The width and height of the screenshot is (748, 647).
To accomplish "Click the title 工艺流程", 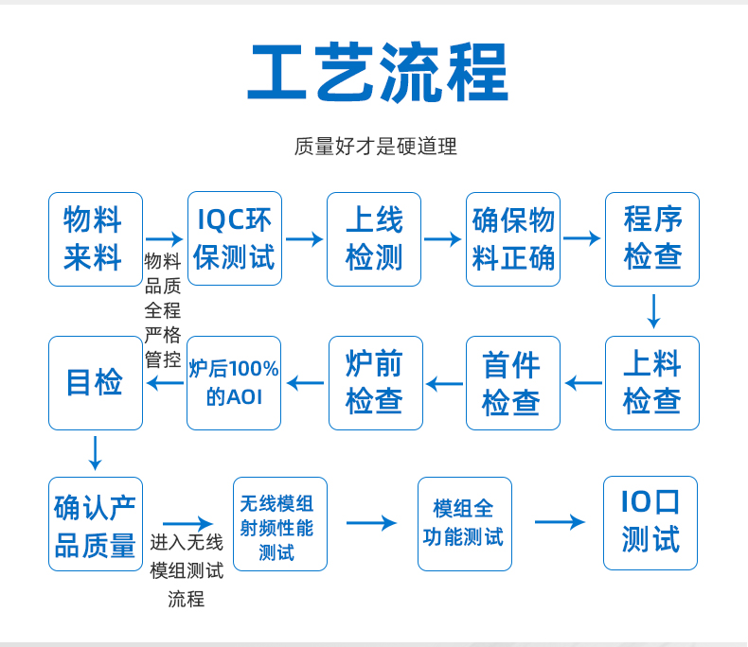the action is coord(378,73).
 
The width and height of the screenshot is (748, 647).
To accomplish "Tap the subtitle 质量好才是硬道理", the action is coord(376,147).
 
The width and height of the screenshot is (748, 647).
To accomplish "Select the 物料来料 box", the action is coord(96,239).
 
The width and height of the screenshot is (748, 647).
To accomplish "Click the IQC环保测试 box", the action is coord(235,238).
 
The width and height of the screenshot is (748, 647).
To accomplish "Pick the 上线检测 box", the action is coord(374,239).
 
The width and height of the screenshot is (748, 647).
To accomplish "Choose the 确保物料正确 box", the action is coord(513,239).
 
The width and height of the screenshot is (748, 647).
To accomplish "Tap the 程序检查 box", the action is coord(652,239).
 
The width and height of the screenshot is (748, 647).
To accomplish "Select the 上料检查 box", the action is coord(652,383).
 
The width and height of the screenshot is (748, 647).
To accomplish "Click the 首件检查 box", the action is coord(513,383).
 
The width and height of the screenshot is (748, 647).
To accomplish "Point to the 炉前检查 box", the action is coord(376,383).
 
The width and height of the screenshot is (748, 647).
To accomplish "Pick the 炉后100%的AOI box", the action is coord(234,383).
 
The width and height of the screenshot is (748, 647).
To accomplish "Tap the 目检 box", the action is coord(96,383).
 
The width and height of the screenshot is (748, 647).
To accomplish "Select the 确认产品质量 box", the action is coord(96,524).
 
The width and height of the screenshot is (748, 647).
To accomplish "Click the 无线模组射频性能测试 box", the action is coord(280,524).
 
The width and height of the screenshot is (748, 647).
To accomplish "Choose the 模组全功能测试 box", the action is coord(465,524).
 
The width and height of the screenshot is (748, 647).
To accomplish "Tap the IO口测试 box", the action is coord(650,523).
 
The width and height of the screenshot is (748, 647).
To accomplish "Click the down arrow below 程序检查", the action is coord(653,311).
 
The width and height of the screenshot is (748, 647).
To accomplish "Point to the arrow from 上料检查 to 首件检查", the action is coord(583,382).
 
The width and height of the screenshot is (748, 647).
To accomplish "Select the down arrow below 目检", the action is coord(95,453).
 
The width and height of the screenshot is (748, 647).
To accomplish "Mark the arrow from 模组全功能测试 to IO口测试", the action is coord(560,522).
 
